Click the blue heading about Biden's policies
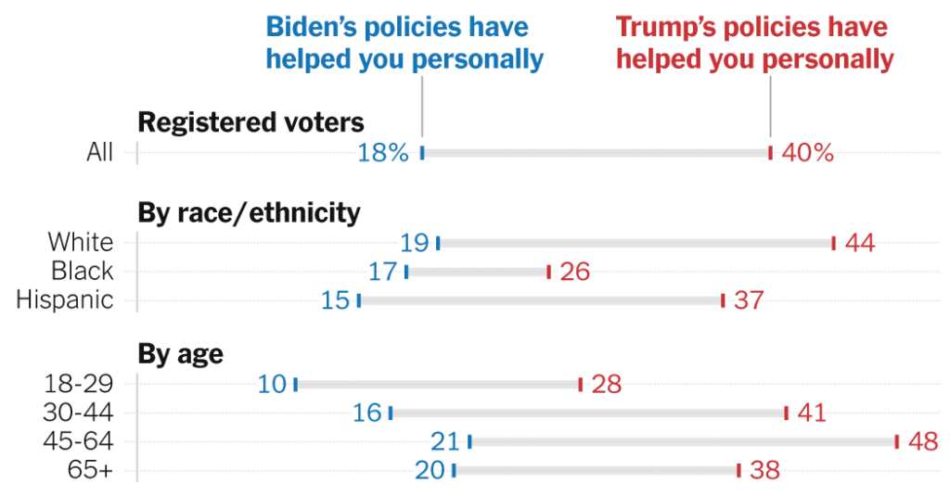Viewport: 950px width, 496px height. pos(404,44)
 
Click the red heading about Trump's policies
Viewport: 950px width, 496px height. pos(754,44)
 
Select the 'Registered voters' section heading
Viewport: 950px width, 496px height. pos(250,122)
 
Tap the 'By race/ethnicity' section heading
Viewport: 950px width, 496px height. pos(249,213)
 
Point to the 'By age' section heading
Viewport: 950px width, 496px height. pos(181,354)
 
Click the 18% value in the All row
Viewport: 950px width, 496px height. pos(383,153)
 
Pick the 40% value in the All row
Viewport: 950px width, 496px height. pos(807,153)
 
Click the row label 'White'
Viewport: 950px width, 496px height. pos(81,243)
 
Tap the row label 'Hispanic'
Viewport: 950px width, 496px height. pos(65,300)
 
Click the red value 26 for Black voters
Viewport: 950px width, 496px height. pos(574,272)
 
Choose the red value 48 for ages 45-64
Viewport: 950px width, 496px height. pos(923,441)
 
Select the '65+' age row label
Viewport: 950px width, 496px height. pos(91,470)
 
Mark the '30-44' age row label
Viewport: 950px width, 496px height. pos(79,413)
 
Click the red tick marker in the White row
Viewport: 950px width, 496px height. pos(833,243)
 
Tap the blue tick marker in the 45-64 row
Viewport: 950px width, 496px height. pos(469,441)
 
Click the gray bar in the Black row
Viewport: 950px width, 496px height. pos(478,272)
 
